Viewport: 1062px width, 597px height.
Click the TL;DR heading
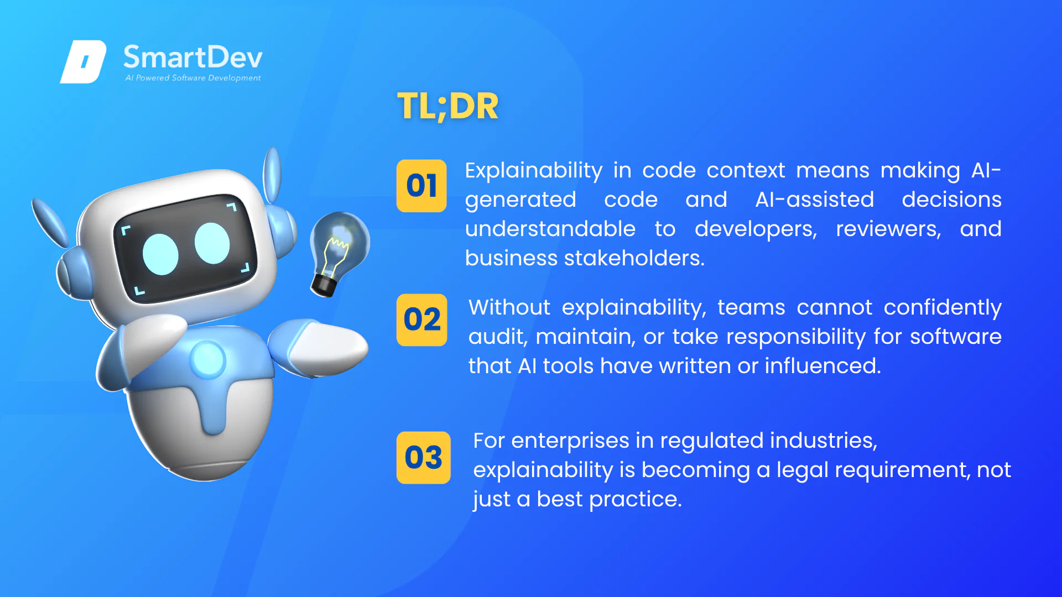448,106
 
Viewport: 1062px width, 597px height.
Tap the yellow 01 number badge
421,186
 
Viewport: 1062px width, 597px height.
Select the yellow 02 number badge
422,320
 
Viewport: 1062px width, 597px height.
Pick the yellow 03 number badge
424,458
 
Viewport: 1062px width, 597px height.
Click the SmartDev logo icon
83,62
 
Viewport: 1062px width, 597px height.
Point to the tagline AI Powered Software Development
193,78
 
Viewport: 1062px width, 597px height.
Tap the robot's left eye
160,254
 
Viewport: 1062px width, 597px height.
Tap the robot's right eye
212,243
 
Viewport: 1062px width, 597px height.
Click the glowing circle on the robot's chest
207,359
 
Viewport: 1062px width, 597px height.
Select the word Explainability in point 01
534,171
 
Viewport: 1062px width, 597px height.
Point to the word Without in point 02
509,307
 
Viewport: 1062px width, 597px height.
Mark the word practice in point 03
636,500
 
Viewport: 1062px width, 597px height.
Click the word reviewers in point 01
888,229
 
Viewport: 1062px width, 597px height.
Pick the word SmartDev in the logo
193,57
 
